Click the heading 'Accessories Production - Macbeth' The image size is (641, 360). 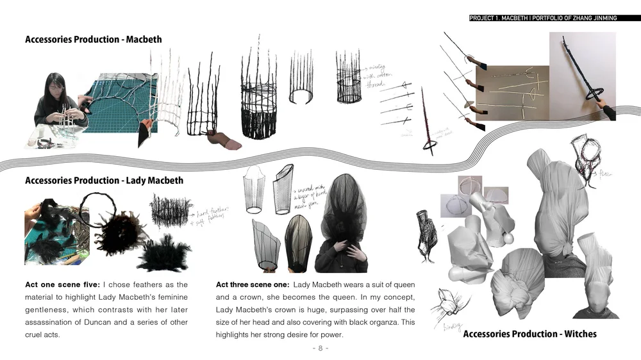[x=93, y=40]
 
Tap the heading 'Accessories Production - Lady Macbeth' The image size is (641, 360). [x=104, y=181]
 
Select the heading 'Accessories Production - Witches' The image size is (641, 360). [x=529, y=334]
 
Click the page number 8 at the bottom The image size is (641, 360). [x=320, y=348]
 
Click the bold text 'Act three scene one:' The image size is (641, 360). [x=252, y=284]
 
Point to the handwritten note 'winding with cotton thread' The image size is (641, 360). [x=373, y=76]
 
